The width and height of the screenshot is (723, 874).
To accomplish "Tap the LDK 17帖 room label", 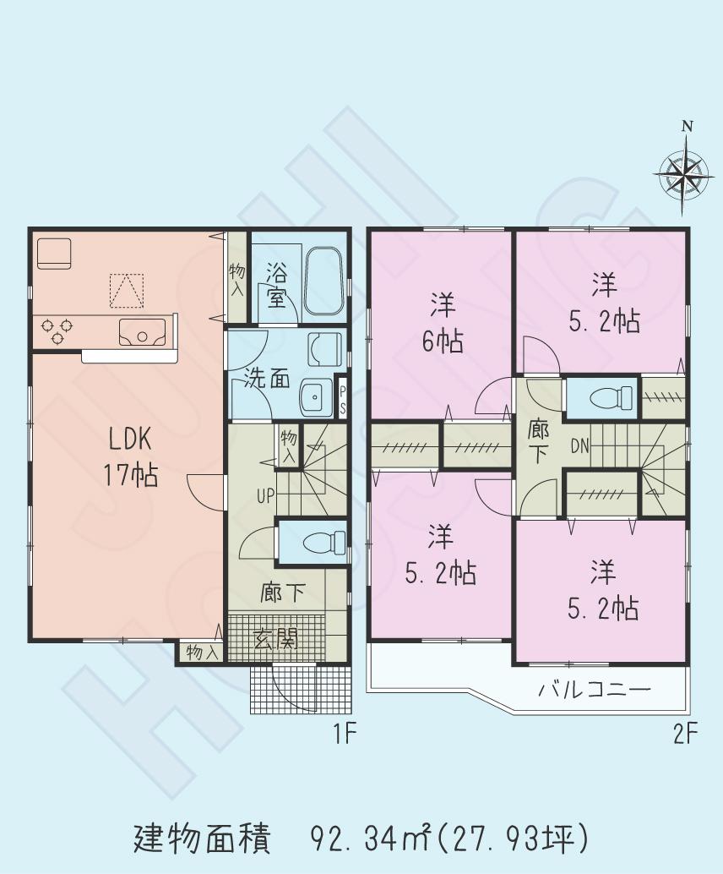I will click(129, 456).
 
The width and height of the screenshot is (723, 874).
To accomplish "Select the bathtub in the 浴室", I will click(323, 281).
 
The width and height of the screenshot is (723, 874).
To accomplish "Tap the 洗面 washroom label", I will click(267, 378).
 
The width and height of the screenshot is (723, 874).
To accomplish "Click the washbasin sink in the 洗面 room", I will click(317, 396).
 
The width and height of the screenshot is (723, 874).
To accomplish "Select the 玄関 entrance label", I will click(275, 639).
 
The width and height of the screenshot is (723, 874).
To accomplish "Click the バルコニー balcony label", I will click(595, 690).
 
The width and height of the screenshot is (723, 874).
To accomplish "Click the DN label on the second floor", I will click(580, 445).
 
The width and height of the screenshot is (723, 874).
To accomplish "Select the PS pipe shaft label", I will click(342, 396).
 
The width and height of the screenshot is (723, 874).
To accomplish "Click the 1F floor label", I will click(347, 735).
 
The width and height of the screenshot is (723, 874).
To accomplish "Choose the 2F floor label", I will click(685, 735).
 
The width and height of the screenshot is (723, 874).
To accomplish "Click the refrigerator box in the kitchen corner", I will click(54, 253).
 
